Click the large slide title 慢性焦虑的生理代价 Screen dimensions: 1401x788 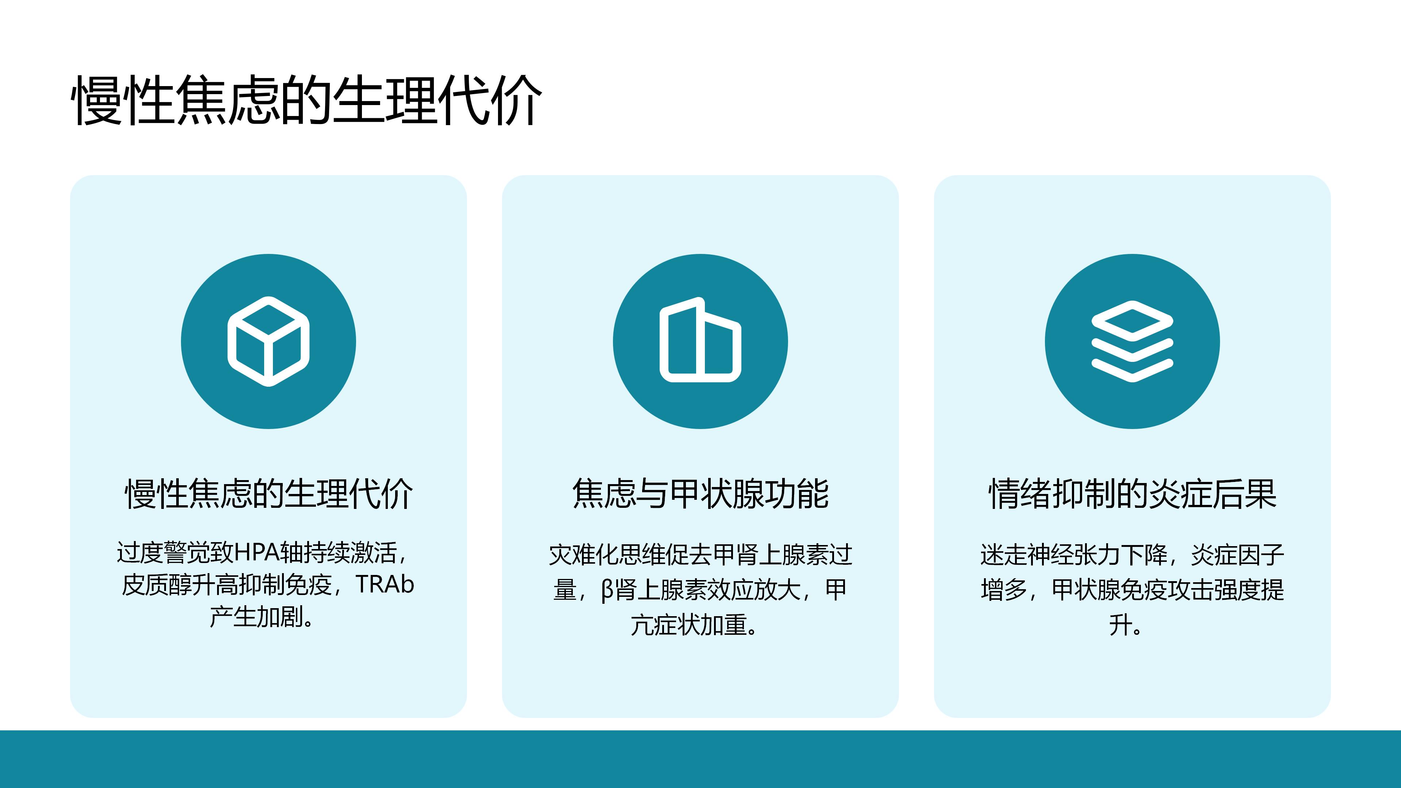[x=307, y=101]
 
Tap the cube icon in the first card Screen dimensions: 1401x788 [x=268, y=341]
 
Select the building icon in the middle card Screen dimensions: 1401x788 [x=700, y=340]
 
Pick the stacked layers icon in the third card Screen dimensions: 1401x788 [x=1132, y=341]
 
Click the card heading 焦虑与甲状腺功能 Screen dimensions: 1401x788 [x=700, y=494]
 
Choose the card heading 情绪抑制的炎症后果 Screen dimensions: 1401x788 [x=1132, y=494]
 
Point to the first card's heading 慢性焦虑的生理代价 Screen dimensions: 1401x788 [x=269, y=494]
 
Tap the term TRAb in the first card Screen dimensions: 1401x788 [x=385, y=584]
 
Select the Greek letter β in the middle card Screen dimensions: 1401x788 [x=607, y=590]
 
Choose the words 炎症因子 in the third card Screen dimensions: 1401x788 [x=1237, y=555]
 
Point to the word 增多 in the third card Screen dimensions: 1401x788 [x=1003, y=590]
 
